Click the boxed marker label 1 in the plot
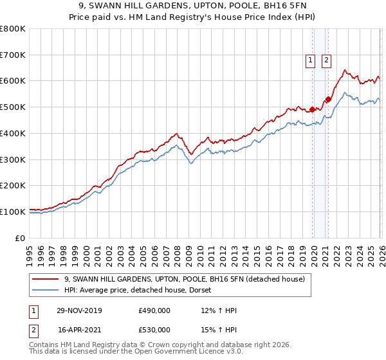point(310,60)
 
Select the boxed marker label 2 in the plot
point(326,60)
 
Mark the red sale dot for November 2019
point(312,109)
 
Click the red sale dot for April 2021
point(328,99)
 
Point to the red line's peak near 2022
point(345,70)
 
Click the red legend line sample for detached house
point(46,279)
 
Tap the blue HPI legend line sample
point(46,290)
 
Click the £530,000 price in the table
point(154,330)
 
